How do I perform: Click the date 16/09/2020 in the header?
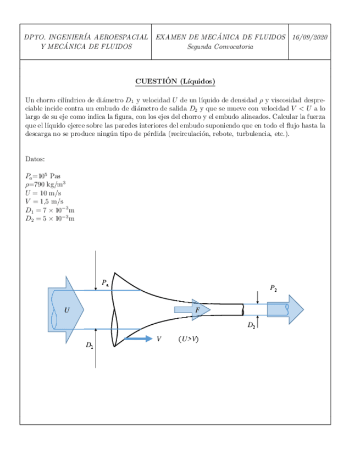[x=310, y=37]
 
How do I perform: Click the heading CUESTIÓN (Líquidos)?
[x=175, y=82]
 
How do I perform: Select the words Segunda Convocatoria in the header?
[x=220, y=47]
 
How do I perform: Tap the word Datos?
[x=36, y=159]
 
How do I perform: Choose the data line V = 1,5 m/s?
[x=44, y=202]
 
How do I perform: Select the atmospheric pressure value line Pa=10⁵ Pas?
[x=43, y=176]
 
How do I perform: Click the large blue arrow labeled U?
[x=65, y=309]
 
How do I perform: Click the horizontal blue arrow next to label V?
[x=138, y=339]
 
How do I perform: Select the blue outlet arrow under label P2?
[x=285, y=309]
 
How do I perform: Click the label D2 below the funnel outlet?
[x=251, y=325]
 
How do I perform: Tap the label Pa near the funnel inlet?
[x=105, y=283]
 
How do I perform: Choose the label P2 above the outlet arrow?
[x=273, y=287]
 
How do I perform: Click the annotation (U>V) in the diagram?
[x=189, y=339]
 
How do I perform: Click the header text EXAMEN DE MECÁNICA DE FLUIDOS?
[x=220, y=37]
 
